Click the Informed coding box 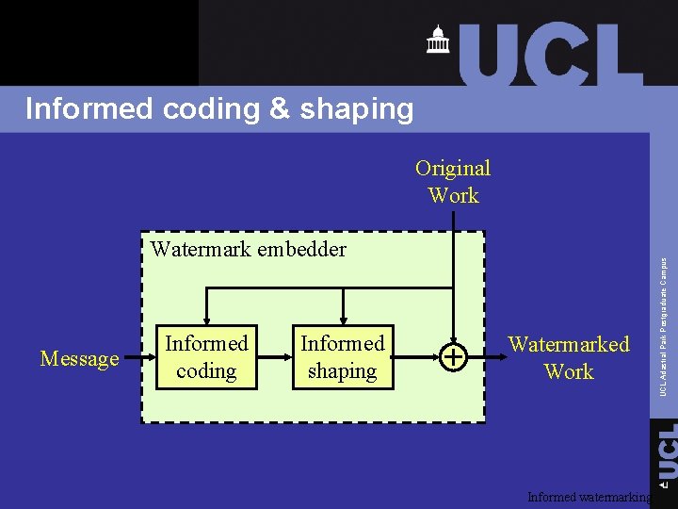pyautogui.click(x=206, y=357)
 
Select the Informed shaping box pyautogui.click(x=342, y=357)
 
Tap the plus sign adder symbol pyautogui.click(x=454, y=357)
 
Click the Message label pyautogui.click(x=80, y=359)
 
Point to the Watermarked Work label pyautogui.click(x=569, y=357)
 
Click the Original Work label pyautogui.click(x=453, y=182)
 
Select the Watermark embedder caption pyautogui.click(x=249, y=250)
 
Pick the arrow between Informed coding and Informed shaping pyautogui.click(x=275, y=358)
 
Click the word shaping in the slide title pyautogui.click(x=357, y=109)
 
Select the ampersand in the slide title pyautogui.click(x=279, y=109)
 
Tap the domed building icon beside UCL pyautogui.click(x=438, y=40)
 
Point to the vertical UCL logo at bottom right pyautogui.click(x=666, y=453)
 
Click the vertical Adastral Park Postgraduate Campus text pyautogui.click(x=664, y=326)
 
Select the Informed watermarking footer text pyautogui.click(x=589, y=497)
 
